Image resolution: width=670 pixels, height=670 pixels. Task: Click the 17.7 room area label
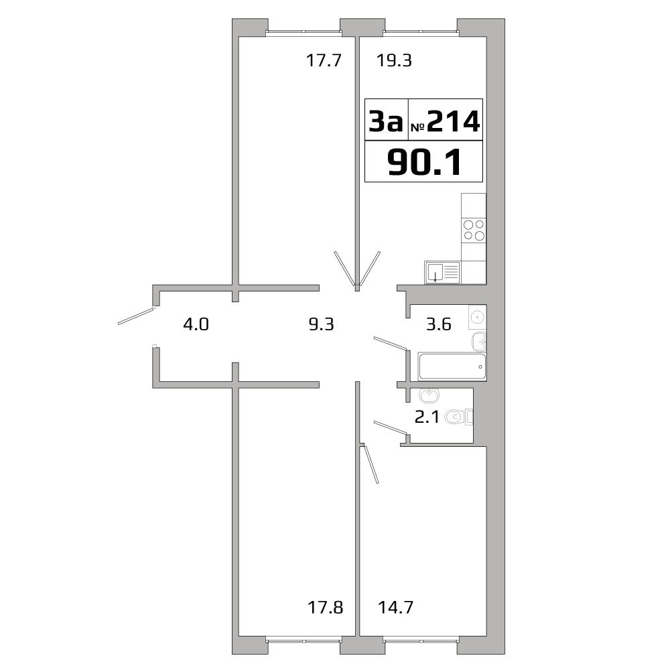[x=324, y=61]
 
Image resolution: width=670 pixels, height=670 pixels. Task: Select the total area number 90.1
[x=424, y=162]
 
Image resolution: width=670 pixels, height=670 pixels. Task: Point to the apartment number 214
[x=453, y=121]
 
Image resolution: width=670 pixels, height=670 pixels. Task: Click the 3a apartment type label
[x=386, y=122]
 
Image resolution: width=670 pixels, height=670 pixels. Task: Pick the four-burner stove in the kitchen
[x=474, y=230]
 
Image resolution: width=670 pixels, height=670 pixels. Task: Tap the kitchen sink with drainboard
[x=442, y=272]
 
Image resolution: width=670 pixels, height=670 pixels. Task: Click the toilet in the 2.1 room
[x=458, y=417]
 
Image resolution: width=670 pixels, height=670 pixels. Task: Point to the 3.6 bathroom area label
[x=439, y=325]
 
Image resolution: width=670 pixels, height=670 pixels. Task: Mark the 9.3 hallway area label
[x=320, y=325]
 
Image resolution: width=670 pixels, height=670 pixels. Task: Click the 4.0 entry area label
[x=196, y=325]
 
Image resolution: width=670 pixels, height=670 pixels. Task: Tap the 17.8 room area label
[x=325, y=608]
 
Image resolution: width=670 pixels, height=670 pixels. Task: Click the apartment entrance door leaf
[x=136, y=316]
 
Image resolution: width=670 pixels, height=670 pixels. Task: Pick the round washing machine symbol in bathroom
[x=478, y=316]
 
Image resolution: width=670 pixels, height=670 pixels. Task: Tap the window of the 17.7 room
[x=303, y=31]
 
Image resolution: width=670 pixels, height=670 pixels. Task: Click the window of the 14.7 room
[x=420, y=640]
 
